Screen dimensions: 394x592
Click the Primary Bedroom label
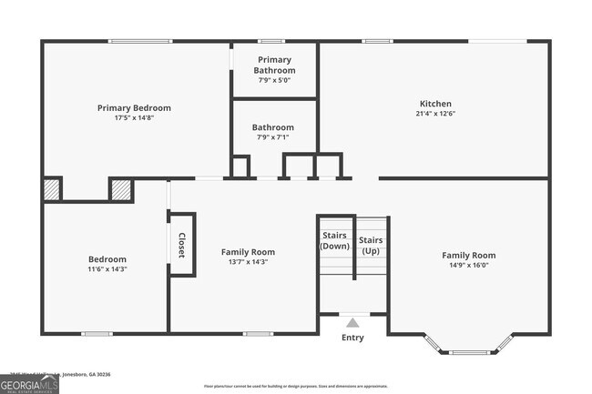point(134,107)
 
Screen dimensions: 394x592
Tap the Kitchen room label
point(434,104)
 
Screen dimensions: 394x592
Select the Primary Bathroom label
point(273,65)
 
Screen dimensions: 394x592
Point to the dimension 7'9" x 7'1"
point(273,137)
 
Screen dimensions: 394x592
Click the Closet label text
point(181,246)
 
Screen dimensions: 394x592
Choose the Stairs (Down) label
point(334,241)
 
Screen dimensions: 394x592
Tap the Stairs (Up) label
point(371,246)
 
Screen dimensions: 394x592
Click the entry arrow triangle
point(352,321)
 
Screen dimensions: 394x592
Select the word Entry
point(352,338)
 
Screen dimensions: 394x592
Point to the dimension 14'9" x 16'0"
point(469,267)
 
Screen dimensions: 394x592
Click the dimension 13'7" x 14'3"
point(248,262)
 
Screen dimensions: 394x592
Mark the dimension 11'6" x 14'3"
point(107,269)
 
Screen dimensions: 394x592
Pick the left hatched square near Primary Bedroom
point(52,188)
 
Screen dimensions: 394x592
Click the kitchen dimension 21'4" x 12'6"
point(434,115)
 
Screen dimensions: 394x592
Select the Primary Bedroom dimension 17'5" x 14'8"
point(134,118)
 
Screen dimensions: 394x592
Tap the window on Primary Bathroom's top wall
point(270,41)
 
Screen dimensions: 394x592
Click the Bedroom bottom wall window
point(97,333)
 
